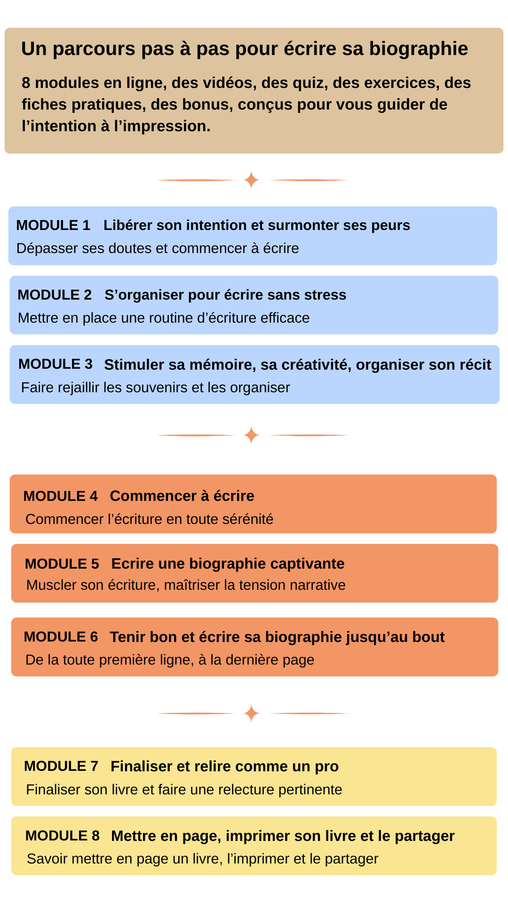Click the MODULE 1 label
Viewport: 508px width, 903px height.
(x=53, y=225)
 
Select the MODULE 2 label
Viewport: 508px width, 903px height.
(x=55, y=295)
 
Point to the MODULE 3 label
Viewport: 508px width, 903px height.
(x=56, y=364)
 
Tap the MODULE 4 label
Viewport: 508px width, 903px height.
(x=60, y=496)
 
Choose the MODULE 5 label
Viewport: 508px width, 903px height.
(x=62, y=564)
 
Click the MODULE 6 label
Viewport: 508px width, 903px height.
(x=61, y=637)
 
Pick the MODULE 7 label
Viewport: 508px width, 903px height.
(x=61, y=766)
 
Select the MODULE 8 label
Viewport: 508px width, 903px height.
(x=62, y=836)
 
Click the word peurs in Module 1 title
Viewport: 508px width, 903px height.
(x=390, y=225)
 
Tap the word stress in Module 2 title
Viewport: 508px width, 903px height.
(x=325, y=295)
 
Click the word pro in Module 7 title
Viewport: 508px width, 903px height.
(x=327, y=767)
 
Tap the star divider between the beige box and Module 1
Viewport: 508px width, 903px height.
(x=252, y=180)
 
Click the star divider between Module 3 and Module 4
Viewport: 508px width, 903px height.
(x=252, y=435)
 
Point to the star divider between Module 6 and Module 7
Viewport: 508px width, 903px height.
(x=252, y=713)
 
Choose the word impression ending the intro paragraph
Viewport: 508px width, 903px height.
(x=165, y=127)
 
